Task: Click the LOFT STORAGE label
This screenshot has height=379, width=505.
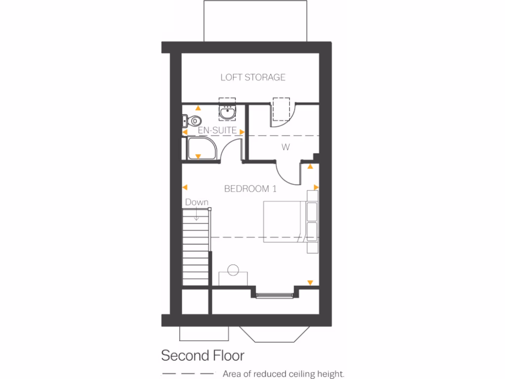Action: [x=252, y=77]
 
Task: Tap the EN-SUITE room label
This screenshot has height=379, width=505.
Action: [x=217, y=131]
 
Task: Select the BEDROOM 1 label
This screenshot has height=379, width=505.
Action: [x=250, y=189]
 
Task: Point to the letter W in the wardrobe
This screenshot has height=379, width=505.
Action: [x=285, y=147]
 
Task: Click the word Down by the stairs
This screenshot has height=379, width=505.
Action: [x=197, y=202]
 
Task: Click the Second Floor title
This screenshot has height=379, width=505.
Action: [x=203, y=355]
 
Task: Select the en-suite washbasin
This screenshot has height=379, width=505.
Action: [x=227, y=113]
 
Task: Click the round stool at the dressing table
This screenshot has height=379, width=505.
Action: [x=233, y=270]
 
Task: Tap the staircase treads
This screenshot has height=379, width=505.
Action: [x=196, y=247]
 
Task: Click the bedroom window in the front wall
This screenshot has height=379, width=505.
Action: [x=275, y=295]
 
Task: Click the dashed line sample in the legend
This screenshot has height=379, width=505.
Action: [x=188, y=374]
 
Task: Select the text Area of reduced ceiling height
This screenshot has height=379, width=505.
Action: [x=284, y=374]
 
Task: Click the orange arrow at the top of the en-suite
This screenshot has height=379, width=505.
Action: [x=198, y=108]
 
